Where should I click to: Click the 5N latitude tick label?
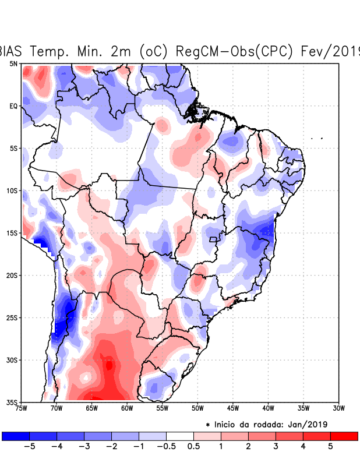point(13,63)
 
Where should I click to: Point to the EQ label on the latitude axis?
point(13,106)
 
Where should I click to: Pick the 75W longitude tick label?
point(22,408)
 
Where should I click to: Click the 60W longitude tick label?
point(127,408)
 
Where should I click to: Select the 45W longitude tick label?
point(233,408)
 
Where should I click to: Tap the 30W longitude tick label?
point(338,408)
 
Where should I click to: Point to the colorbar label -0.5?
point(166,447)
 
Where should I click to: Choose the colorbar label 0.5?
point(194,447)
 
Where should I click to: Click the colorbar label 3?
point(276,447)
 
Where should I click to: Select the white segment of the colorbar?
point(180,436)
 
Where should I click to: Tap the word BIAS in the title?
point(15,51)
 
